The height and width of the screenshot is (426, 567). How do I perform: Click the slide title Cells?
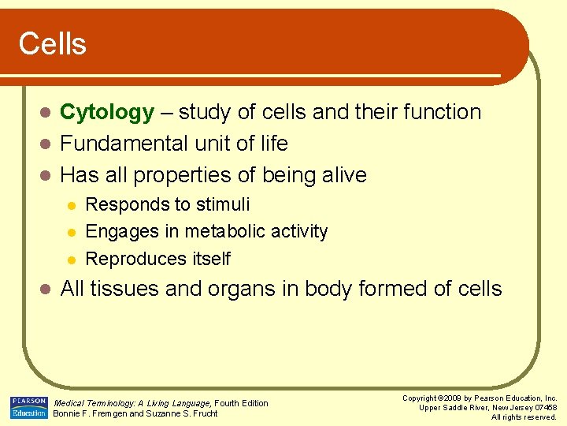click(52, 44)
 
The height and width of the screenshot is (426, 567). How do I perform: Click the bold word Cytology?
click(107, 113)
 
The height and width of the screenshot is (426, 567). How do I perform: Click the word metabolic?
click(218, 232)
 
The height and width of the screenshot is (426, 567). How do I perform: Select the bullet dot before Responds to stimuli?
click(71, 206)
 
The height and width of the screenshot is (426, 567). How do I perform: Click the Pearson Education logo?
click(29, 408)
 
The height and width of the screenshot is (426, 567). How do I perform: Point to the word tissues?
click(118, 290)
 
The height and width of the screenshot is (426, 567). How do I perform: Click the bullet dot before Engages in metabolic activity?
click(71, 233)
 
